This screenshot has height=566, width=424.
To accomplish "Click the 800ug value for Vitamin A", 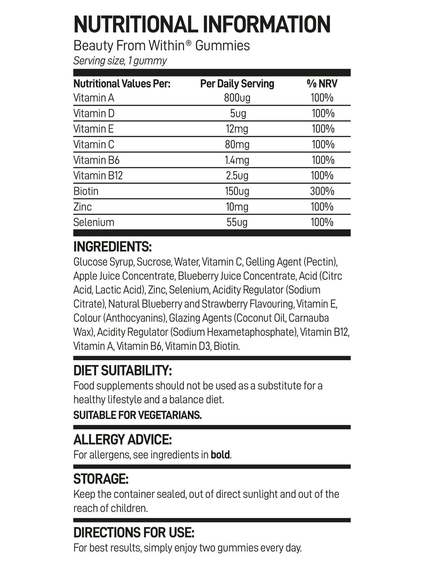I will click(x=237, y=98).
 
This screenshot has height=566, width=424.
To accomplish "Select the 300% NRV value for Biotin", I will click(x=322, y=191).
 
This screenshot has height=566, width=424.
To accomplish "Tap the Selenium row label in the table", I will click(x=94, y=222).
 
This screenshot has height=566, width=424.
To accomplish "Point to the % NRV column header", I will click(x=322, y=84).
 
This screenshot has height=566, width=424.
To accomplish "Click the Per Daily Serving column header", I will click(x=237, y=84).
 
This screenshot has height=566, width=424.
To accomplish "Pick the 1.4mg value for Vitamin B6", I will click(x=237, y=160).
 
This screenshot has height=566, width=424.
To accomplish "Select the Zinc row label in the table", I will click(x=83, y=207).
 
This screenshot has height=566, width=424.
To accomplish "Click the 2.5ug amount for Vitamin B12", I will click(x=237, y=175).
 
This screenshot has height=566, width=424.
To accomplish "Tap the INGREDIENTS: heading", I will click(x=112, y=247).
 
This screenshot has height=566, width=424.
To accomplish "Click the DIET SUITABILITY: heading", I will click(x=122, y=370).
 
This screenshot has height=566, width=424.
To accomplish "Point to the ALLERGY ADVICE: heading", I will click(x=122, y=440).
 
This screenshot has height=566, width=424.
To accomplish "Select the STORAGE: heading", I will click(x=101, y=479).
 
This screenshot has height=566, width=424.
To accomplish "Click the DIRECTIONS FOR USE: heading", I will click(x=134, y=533).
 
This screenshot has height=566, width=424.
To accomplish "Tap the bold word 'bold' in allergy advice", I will click(x=220, y=455).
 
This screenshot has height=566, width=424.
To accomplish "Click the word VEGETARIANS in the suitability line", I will click(x=170, y=415).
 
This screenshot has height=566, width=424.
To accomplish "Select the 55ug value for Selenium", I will click(x=237, y=222).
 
